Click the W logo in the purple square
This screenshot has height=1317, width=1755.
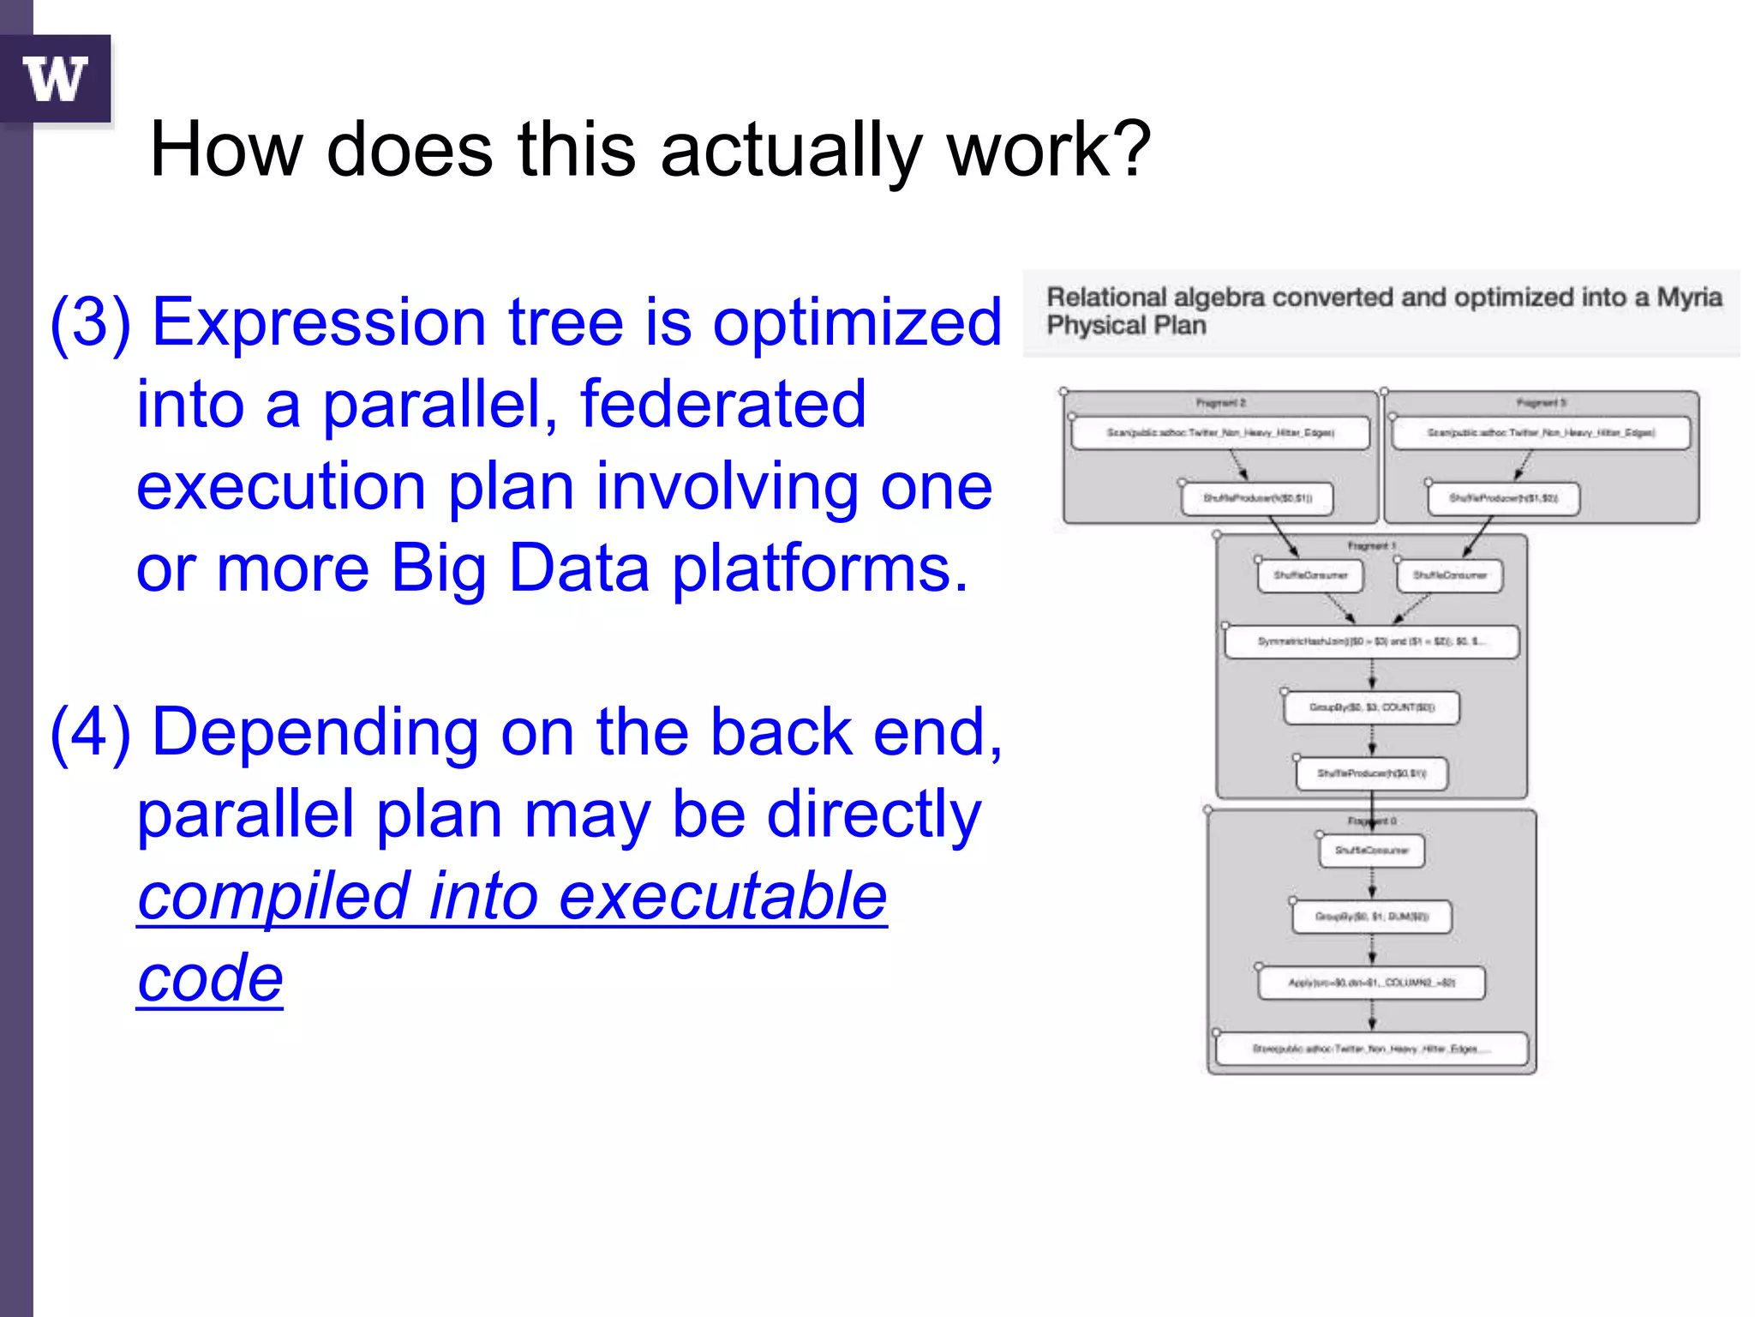click(56, 79)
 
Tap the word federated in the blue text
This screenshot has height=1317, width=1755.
click(722, 404)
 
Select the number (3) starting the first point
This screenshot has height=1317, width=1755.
click(90, 322)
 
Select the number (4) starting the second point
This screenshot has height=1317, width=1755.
click(90, 733)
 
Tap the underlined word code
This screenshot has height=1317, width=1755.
click(210, 978)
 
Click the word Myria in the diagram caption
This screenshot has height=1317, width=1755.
click(1688, 298)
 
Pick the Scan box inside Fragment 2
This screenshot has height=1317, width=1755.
click(1220, 433)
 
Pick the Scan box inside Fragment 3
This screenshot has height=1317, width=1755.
click(1541, 433)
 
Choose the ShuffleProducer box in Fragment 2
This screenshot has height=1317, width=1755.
click(1257, 498)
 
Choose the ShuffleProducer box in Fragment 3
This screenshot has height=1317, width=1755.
click(1503, 498)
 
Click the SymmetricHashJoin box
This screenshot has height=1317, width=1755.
click(1371, 641)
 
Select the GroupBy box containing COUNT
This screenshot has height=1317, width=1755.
click(1371, 707)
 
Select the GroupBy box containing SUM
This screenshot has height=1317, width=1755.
click(1371, 917)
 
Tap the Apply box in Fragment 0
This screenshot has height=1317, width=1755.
click(1371, 983)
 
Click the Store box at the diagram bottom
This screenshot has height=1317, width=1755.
click(1371, 1049)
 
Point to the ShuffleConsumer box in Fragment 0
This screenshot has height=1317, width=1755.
click(1371, 851)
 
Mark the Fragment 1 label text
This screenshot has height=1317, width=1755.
click(1371, 545)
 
